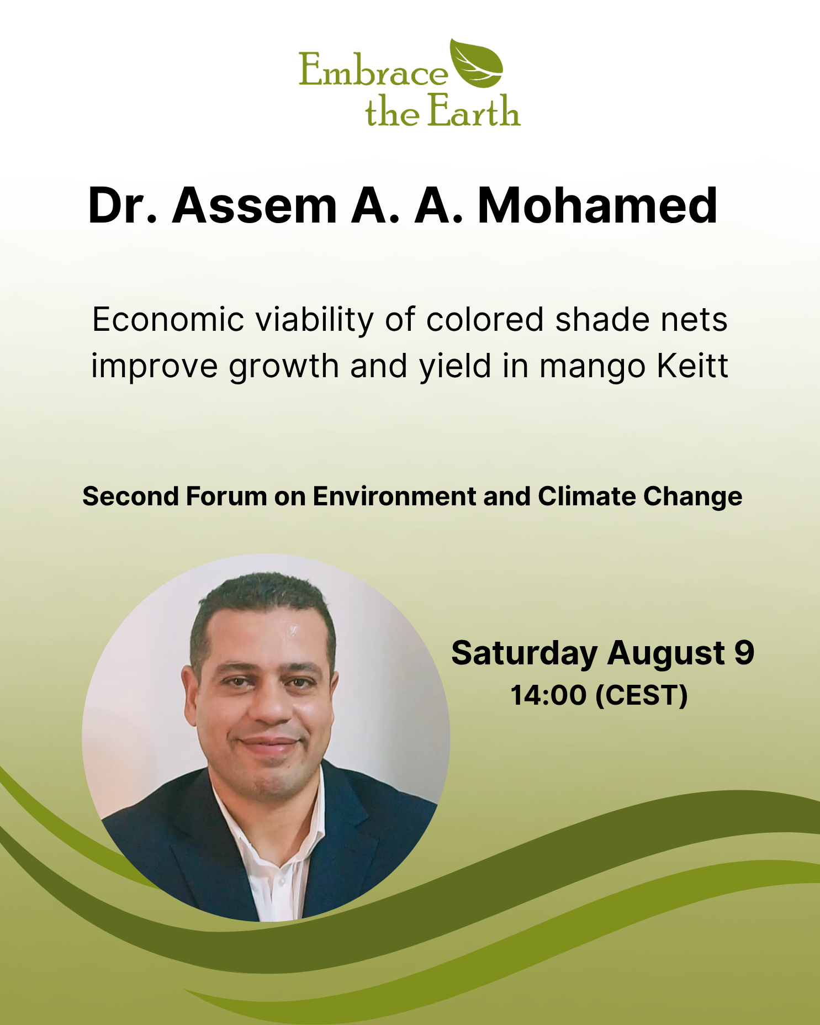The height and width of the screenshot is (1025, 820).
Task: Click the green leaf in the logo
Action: click(x=476, y=64)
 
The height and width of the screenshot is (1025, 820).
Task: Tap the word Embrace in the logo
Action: click(x=373, y=70)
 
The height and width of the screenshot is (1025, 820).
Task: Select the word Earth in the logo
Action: click(x=474, y=110)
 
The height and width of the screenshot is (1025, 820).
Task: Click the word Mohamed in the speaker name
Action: click(x=597, y=205)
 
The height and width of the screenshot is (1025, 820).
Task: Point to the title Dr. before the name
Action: click(x=122, y=205)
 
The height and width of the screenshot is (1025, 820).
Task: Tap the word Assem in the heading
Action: click(x=255, y=205)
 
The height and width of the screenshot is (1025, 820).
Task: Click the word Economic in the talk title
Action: click(x=168, y=320)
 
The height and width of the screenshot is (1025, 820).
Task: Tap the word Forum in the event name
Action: click(x=226, y=496)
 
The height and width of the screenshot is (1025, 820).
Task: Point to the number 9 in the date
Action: click(x=744, y=652)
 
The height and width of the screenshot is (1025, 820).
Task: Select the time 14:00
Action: click(x=548, y=695)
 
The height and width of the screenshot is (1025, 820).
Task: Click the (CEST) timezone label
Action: click(x=642, y=695)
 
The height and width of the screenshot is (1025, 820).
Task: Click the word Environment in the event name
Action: click(x=394, y=496)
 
